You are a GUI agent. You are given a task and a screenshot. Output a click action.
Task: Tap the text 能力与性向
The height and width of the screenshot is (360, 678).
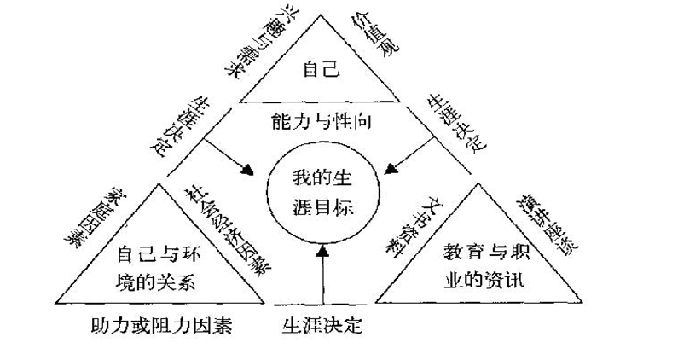[321, 123]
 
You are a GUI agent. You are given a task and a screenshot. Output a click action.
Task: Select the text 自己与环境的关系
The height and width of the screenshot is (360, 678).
[155, 266]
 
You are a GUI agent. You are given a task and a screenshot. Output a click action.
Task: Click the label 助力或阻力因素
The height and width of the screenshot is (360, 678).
[161, 325]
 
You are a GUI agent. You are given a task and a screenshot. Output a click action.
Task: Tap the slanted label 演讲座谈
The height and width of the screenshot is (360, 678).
[546, 224]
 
